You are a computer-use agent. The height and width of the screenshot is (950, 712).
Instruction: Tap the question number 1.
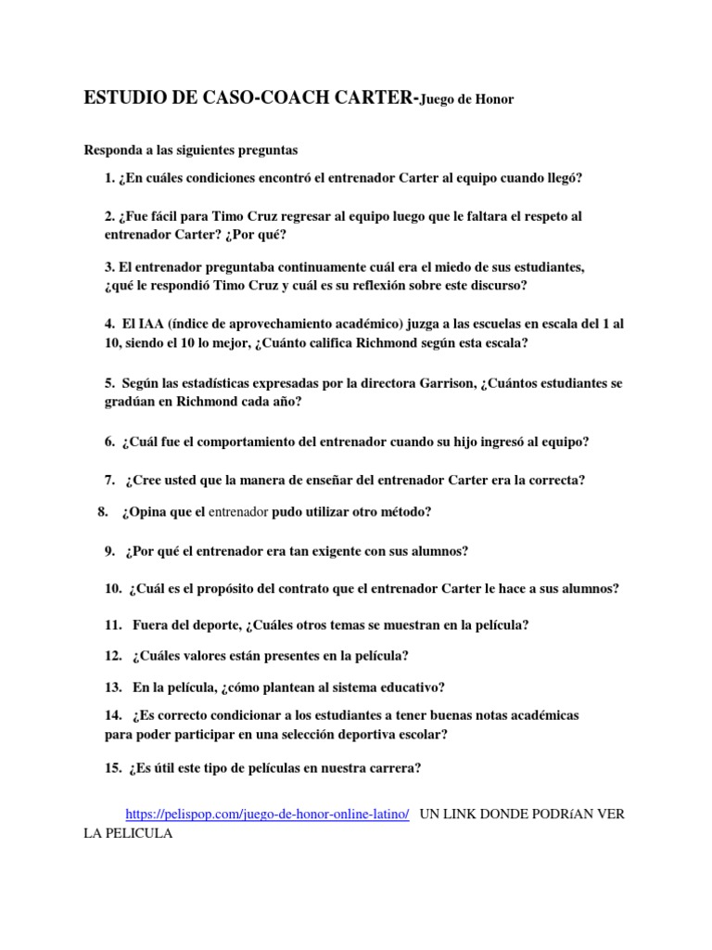(109, 177)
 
